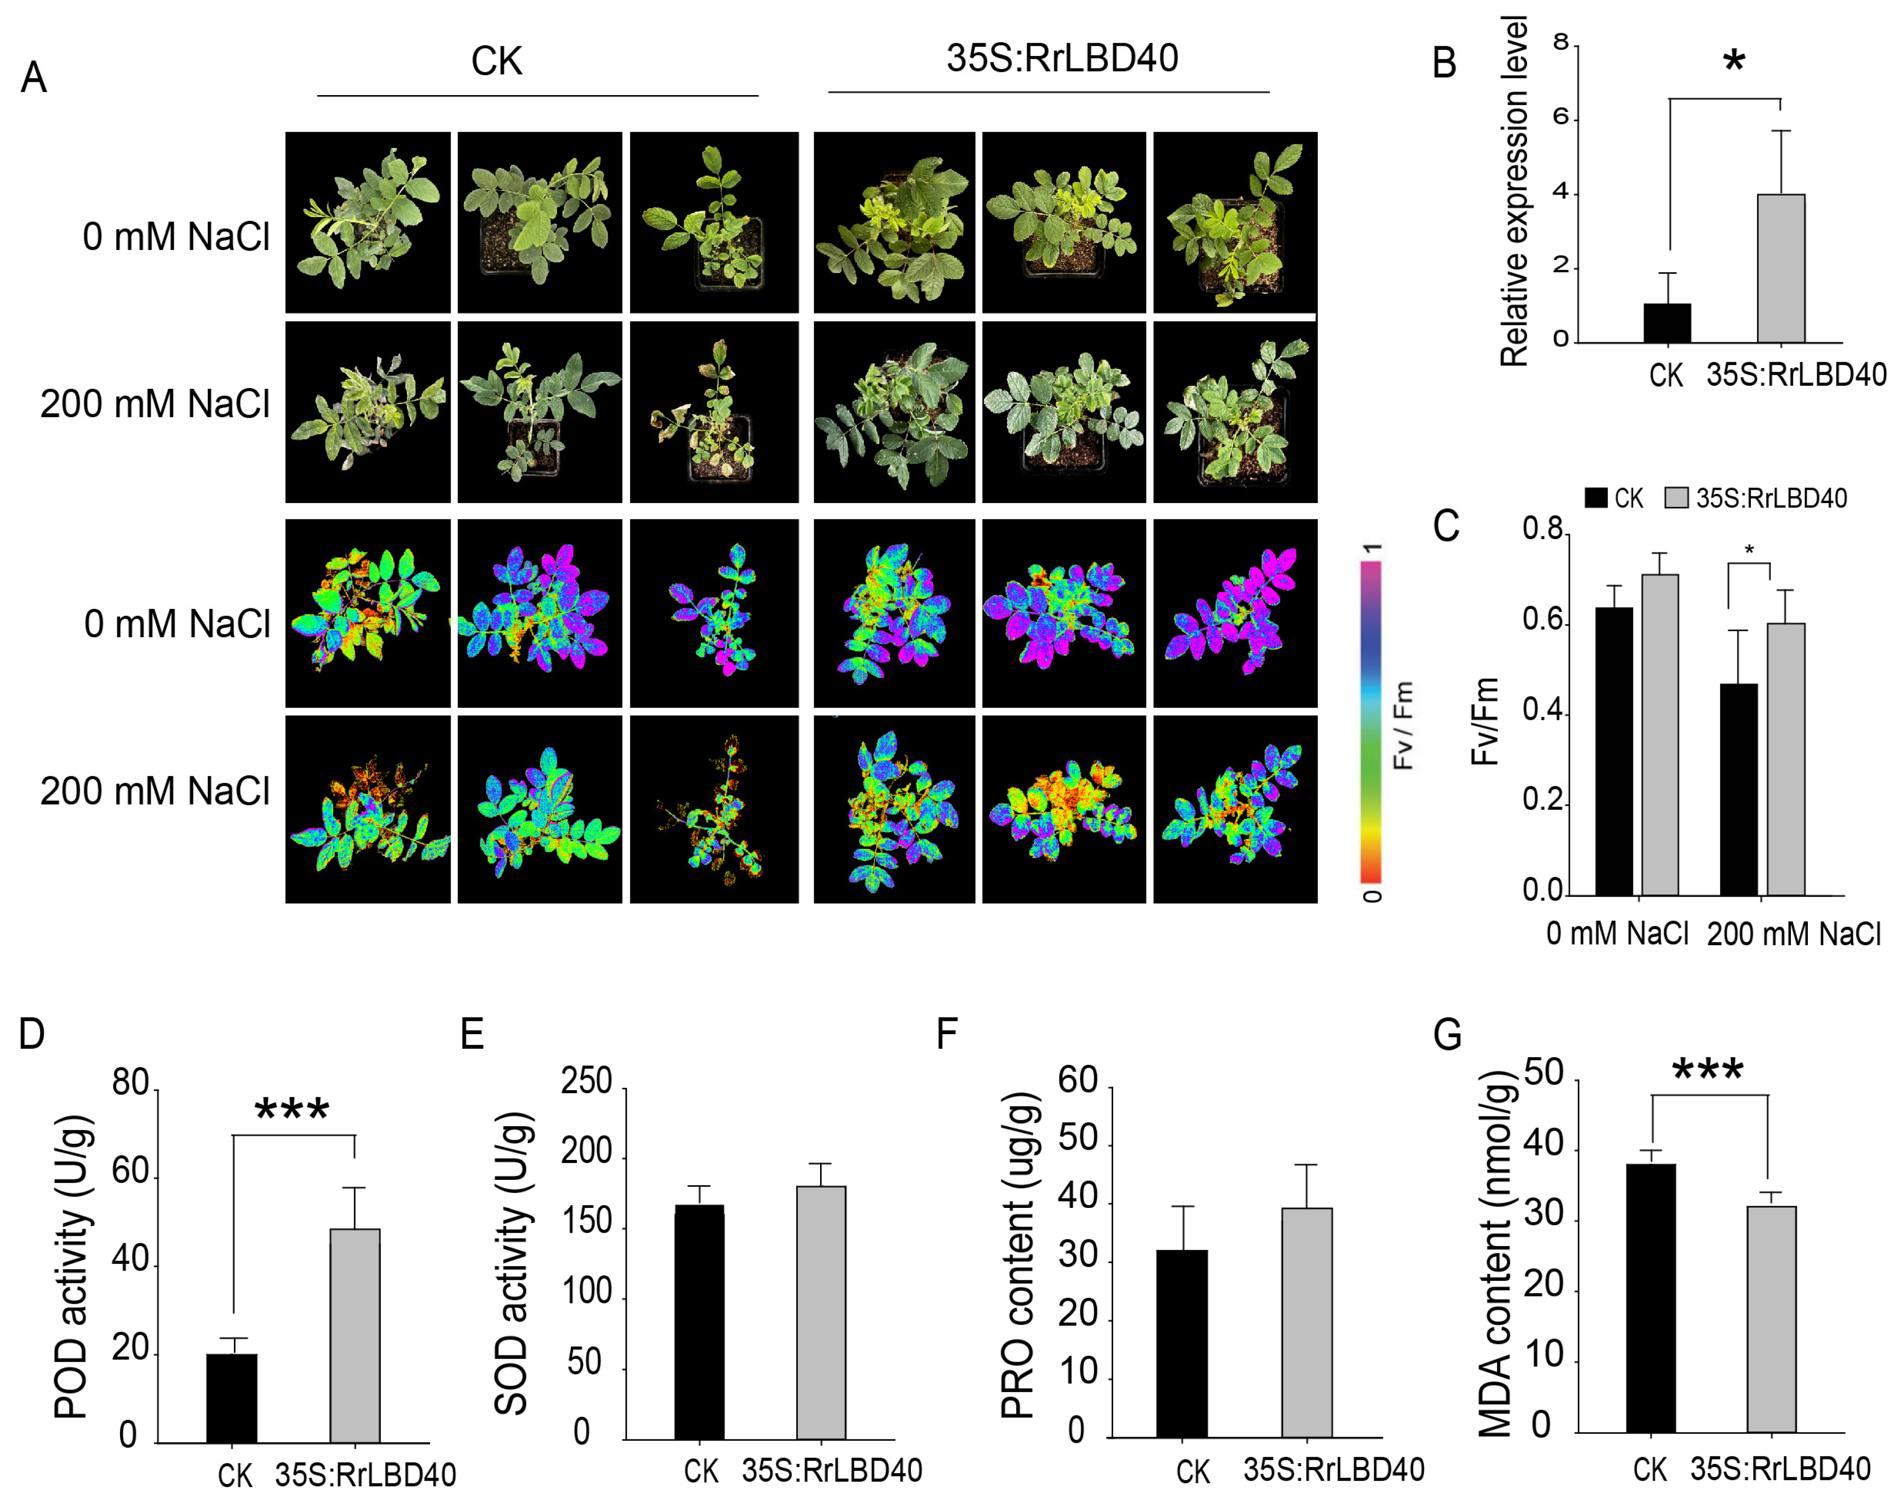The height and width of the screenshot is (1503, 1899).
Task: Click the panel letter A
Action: [x=33, y=77]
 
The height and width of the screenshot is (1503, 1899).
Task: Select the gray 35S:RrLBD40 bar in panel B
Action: [x=1780, y=268]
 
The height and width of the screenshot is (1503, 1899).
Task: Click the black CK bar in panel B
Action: [x=1666, y=323]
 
